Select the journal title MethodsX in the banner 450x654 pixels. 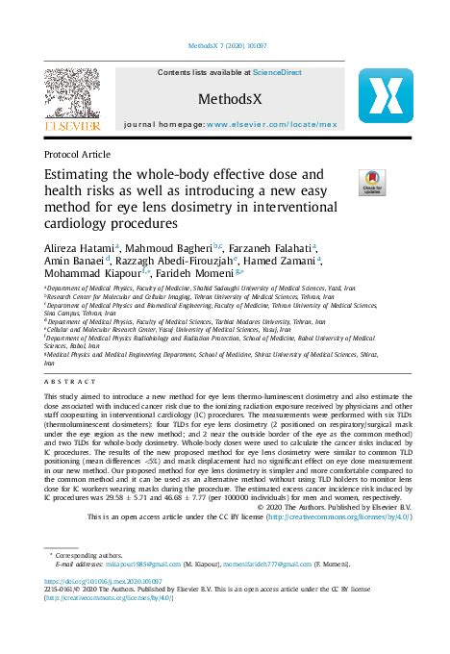click(225, 98)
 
